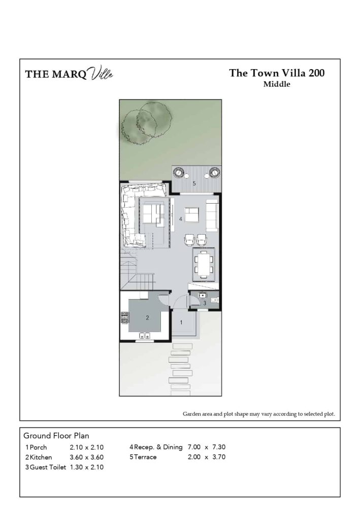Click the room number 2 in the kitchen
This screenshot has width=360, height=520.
click(147, 318)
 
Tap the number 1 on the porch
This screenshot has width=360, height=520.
click(181, 322)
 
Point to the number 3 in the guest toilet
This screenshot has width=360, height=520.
click(204, 303)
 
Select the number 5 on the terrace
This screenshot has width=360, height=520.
click(194, 183)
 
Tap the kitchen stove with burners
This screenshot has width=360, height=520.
click(124, 318)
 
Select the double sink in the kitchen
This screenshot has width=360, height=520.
click(145, 336)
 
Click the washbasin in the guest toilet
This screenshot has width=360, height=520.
click(203, 295)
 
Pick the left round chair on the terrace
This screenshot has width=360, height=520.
click(179, 173)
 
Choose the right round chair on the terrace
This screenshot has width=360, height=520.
click(214, 173)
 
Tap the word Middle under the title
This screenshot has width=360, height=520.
click(277, 85)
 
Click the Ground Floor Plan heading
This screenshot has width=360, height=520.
click(56, 436)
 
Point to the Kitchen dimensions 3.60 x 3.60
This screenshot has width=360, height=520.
click(86, 457)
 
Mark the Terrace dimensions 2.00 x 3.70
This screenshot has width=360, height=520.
click(206, 457)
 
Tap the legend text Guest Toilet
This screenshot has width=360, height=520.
click(48, 467)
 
